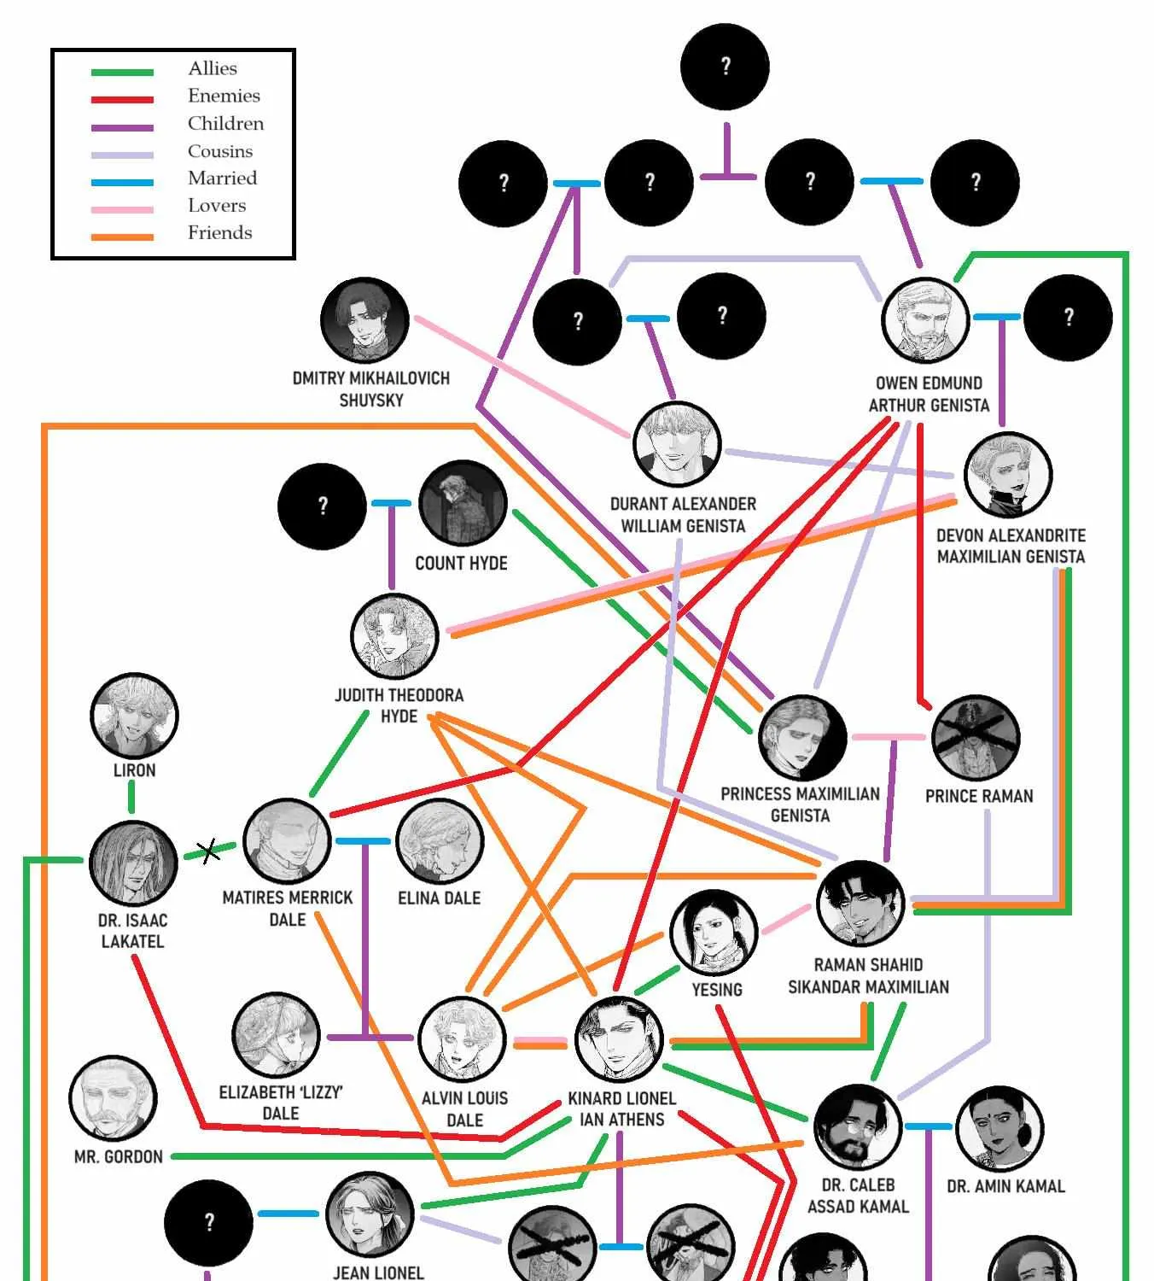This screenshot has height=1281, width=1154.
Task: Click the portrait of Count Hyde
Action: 463,503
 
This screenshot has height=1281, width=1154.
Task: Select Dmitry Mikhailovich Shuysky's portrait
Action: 364,320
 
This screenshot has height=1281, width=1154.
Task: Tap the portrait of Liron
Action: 134,715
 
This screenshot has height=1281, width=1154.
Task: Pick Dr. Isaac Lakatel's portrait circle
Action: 133,863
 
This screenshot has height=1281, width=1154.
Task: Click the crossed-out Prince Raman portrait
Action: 976,738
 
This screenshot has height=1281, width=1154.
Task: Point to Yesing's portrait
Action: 714,933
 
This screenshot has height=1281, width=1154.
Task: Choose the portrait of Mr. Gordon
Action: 113,1098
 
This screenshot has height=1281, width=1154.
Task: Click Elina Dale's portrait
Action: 440,842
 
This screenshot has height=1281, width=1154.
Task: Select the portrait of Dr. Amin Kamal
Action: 999,1129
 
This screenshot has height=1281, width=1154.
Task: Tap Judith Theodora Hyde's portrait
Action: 394,637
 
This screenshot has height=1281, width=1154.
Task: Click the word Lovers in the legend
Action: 217,206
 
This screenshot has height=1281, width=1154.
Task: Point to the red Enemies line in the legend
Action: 122,100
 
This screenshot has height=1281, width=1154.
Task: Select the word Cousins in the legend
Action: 220,151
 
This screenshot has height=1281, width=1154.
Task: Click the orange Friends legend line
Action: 122,237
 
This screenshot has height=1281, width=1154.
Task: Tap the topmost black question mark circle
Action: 725,67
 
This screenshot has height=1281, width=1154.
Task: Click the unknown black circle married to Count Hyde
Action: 323,506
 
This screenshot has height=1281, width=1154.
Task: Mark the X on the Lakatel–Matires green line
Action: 208,851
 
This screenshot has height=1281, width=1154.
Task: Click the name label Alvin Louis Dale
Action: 464,1108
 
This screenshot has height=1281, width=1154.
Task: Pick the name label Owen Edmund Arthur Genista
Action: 929,394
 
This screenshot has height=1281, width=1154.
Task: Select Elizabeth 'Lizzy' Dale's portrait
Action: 276,1036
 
